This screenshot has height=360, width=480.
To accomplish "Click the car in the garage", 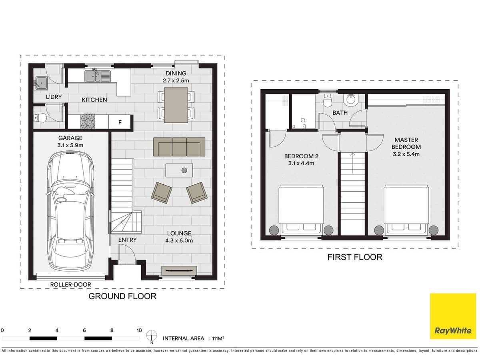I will coord(70,212).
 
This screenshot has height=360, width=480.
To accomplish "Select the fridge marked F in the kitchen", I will coord(120,122).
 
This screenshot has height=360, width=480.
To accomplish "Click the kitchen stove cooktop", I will coord(88,122).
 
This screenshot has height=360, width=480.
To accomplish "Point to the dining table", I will coord(176,105).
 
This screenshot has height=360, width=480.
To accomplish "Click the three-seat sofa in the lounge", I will coord(179,147).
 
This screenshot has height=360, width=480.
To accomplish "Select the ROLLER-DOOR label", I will coord(70,285).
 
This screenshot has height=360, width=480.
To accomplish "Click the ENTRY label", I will coord(127,240).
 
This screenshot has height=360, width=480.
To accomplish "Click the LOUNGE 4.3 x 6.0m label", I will coord(180,237).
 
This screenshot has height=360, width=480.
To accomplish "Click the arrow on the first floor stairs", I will coord(352,162).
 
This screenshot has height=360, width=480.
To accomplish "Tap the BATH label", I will coord(340,113).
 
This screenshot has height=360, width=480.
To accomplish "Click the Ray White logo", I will coord(453,316).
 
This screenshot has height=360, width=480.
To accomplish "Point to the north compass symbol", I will coord(151,336).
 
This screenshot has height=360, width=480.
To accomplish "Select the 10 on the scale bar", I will coord(139,330).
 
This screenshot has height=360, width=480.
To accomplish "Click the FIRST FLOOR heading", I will coord(355,257).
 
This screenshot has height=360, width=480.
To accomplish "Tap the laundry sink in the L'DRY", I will coord(41,83).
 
